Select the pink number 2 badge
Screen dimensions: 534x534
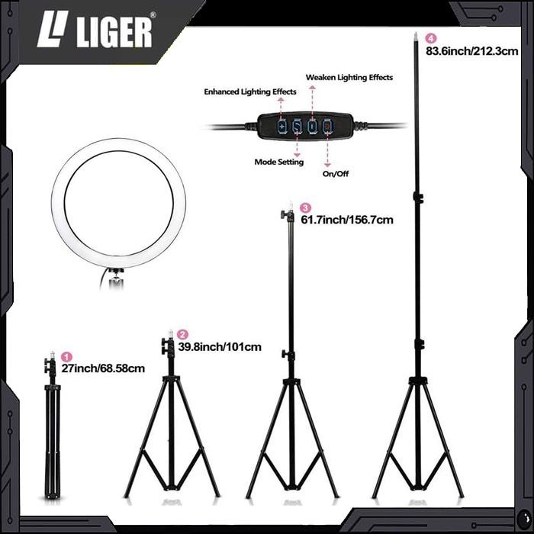coord(182,334)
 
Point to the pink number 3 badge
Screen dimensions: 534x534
coord(306,207)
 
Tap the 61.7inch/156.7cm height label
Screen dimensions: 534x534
coord(347,220)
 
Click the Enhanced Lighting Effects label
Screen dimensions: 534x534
coord(249,92)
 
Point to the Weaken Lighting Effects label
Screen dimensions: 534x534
coord(349,78)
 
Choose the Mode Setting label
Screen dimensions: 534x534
coord(278,162)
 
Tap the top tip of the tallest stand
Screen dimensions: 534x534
coord(417,36)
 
